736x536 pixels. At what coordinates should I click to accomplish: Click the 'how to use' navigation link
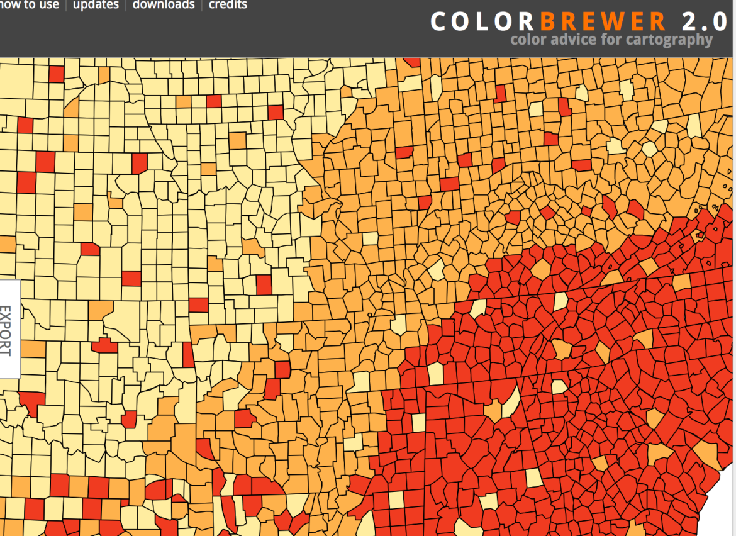pyautogui.click(x=30, y=5)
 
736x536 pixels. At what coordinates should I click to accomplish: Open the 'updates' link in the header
pyautogui.click(x=96, y=5)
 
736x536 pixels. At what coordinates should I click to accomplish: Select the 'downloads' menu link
pyautogui.click(x=164, y=5)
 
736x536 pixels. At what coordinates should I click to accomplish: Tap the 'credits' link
pyautogui.click(x=228, y=5)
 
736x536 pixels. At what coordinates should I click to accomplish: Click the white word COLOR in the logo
pyautogui.click(x=482, y=22)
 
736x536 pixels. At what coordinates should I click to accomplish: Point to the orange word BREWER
pyautogui.click(x=602, y=22)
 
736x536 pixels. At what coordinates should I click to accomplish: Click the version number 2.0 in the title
pyautogui.click(x=704, y=22)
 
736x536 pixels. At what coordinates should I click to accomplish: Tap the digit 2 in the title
pyautogui.click(x=689, y=22)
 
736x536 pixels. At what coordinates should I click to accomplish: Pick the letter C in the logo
pyautogui.click(x=439, y=22)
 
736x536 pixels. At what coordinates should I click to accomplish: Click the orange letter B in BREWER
pyautogui.click(x=548, y=22)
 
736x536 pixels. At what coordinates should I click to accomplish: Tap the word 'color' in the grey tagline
pyautogui.click(x=528, y=40)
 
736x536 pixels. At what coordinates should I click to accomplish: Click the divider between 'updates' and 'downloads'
pyautogui.click(x=126, y=5)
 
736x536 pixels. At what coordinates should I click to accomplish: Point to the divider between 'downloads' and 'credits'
pyautogui.click(x=202, y=5)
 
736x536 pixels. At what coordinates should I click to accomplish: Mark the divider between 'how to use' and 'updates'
pyautogui.click(x=66, y=5)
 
